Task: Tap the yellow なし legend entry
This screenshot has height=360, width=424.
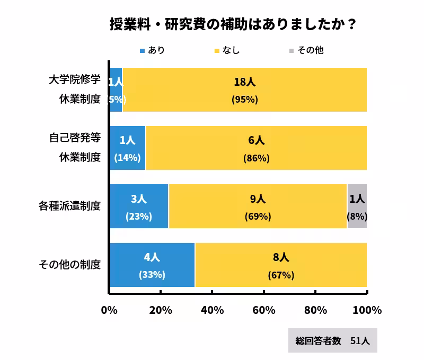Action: coord(227,51)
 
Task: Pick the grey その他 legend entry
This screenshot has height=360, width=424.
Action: coord(306,51)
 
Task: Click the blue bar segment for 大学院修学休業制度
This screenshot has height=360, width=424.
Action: coord(116,90)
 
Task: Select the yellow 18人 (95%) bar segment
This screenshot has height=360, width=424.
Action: coord(244,90)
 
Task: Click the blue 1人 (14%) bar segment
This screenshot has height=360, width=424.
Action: coord(128,148)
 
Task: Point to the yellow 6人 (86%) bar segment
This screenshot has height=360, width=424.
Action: coord(256,148)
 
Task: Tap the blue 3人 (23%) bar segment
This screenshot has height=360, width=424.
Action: coord(139,206)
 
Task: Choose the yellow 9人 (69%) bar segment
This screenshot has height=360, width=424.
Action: coord(258,206)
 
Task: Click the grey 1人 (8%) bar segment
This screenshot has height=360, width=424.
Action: coord(357,206)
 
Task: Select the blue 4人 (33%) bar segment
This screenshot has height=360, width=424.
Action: coord(152,265)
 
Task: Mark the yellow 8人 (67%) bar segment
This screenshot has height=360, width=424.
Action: coord(281,265)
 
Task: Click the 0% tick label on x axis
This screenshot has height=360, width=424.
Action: coord(109,310)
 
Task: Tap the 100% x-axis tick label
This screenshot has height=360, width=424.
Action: coord(367,310)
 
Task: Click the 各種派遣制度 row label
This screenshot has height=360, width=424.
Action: coord(69,206)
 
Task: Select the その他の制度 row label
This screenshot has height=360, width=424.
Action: coord(69,264)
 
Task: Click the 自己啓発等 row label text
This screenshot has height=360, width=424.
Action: coord(74,138)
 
